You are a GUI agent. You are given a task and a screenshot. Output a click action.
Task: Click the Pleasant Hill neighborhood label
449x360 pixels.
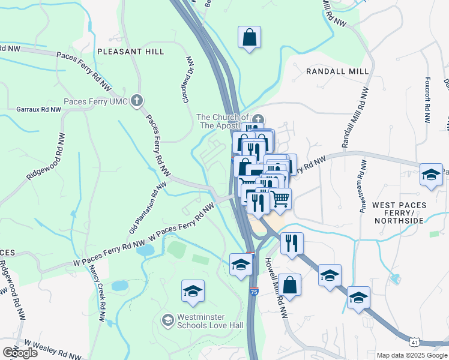[130, 52]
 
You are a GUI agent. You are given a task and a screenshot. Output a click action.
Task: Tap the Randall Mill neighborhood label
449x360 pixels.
[337, 71]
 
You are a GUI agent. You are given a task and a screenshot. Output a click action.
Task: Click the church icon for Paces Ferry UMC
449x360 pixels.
[137, 100]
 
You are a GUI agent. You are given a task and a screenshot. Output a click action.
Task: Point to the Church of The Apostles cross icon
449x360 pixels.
[258, 118]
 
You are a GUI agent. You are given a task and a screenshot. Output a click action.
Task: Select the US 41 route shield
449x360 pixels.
[414, 342]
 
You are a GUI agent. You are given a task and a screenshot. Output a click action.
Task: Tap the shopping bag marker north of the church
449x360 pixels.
[249, 38]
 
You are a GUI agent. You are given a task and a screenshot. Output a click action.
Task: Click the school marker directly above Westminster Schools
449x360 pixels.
[193, 292]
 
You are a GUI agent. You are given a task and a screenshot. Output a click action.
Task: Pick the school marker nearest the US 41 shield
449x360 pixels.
[358, 298]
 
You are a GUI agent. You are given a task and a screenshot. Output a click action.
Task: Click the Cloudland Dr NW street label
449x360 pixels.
[188, 79]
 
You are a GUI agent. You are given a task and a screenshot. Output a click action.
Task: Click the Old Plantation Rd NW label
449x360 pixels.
[143, 210]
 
